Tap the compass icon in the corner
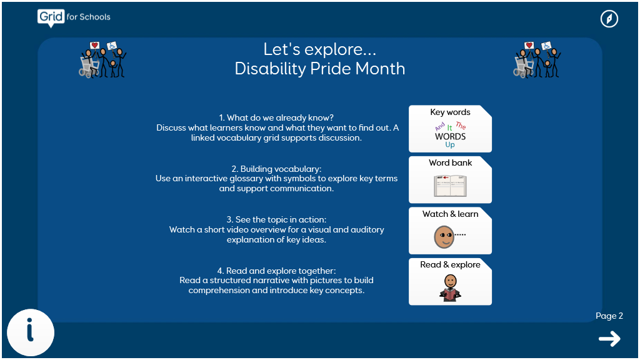click(609, 19)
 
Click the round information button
click(31, 332)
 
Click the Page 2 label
click(609, 316)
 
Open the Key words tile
click(450, 129)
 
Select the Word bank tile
click(450, 179)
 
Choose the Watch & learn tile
click(450, 231)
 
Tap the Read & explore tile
click(450, 282)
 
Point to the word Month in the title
click(380, 69)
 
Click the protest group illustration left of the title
click(102, 59)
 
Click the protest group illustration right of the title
click(537, 59)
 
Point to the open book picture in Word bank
click(450, 186)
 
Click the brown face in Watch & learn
click(444, 237)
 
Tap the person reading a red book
click(450, 288)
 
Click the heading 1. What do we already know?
click(276, 118)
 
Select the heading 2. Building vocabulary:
click(276, 169)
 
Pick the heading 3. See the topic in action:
click(276, 219)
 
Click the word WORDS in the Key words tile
click(450, 137)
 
